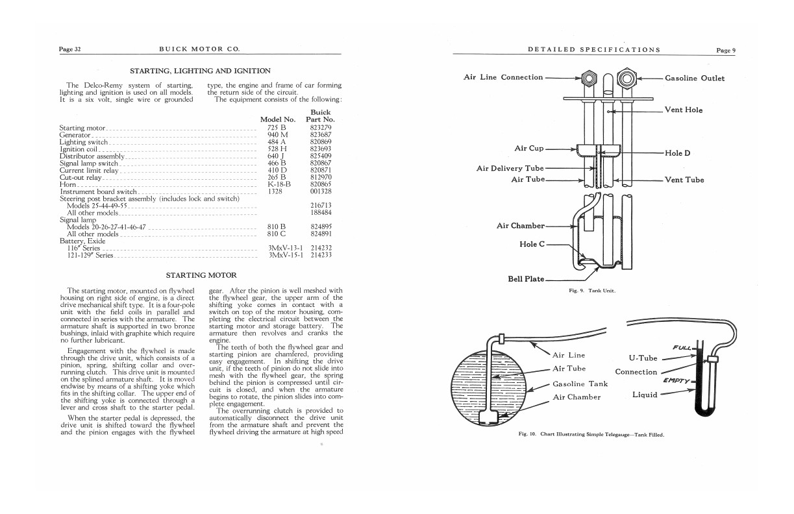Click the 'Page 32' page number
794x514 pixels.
[69, 50]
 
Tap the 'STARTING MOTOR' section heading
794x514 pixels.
[201, 275]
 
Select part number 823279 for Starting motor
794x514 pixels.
[321, 128]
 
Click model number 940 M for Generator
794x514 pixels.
[277, 135]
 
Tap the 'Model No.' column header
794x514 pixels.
[277, 119]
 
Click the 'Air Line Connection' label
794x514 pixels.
[503, 77]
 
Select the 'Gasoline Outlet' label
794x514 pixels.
[695, 79]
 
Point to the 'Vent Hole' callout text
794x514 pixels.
[684, 110]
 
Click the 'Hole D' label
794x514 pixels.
[677, 154]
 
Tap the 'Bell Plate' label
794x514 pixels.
[526, 280]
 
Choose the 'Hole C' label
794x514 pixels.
[532, 244]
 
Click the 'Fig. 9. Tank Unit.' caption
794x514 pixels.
[592, 291]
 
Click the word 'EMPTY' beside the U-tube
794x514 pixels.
[676, 381]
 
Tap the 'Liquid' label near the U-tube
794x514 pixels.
[645, 395]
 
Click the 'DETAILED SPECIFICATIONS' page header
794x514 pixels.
[594, 50]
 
